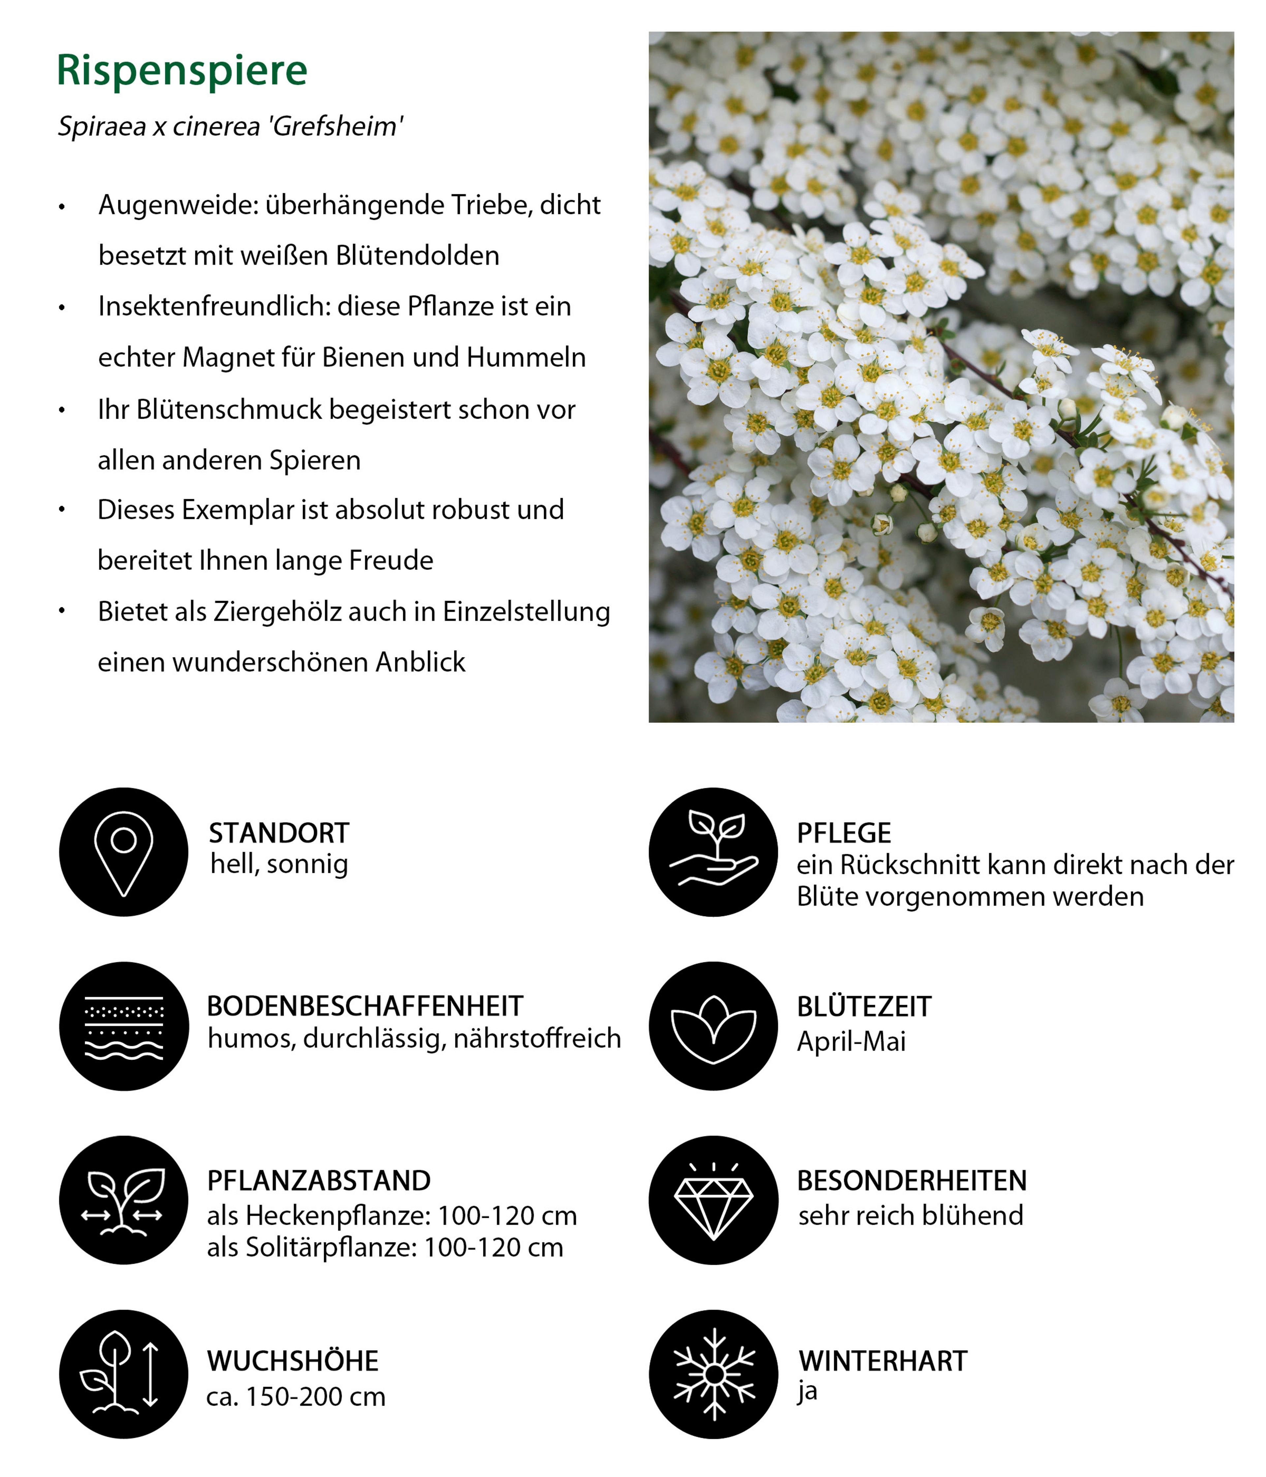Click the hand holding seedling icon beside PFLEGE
pyautogui.click(x=713, y=852)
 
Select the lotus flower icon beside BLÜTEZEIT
pyautogui.click(x=713, y=1027)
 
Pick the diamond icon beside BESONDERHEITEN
pyautogui.click(x=713, y=1200)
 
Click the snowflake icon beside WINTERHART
pyautogui.click(x=713, y=1374)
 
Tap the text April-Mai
pyautogui.click(x=851, y=1041)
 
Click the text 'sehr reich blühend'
pyautogui.click(x=910, y=1215)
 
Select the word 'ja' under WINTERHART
pyautogui.click(x=807, y=1392)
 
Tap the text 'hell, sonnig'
pyautogui.click(x=279, y=864)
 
